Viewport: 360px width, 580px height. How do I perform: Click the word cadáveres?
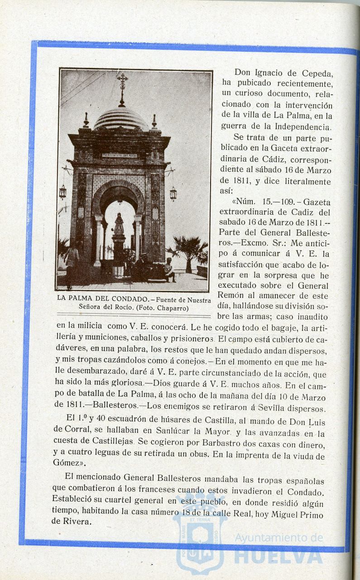(72, 351)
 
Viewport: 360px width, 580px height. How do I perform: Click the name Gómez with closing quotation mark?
(69, 463)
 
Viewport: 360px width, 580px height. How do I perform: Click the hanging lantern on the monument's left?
(62, 192)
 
